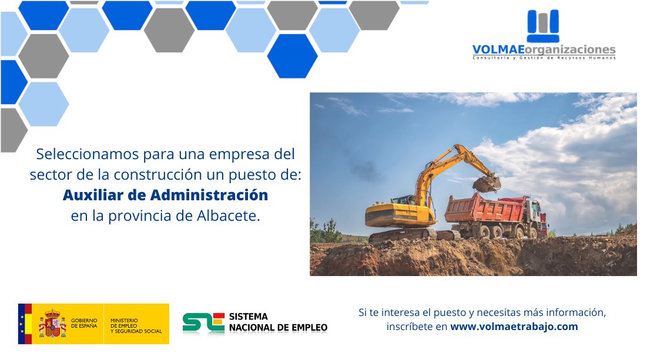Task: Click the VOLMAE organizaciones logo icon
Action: (543, 25)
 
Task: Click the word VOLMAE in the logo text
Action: (498, 50)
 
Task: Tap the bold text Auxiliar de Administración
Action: (166, 195)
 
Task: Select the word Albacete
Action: (229, 216)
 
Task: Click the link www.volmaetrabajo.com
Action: (514, 327)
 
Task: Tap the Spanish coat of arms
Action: (52, 324)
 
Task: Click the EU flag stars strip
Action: (22, 324)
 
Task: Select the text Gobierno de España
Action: (84, 323)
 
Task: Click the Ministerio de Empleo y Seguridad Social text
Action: (136, 326)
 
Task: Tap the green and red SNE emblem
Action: (204, 323)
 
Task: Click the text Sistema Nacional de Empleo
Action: (278, 322)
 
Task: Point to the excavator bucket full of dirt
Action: (487, 184)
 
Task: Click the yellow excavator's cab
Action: (407, 200)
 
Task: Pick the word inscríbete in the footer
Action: (417, 327)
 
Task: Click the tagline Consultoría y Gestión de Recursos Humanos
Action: (544, 58)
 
